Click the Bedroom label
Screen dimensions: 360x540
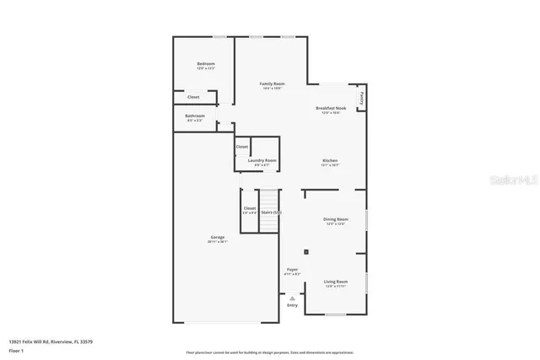pos(206,64)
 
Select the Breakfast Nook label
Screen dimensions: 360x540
pos(332,108)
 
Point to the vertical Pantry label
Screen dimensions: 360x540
pos(361,97)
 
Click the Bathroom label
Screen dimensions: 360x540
pos(195,116)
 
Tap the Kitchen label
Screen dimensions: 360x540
pos(330,160)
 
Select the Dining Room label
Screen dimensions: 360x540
pos(335,220)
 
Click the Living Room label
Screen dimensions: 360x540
pos(335,282)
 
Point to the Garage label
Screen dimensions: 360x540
pos(218,238)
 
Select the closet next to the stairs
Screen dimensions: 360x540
pos(250,208)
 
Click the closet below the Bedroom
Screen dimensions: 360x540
pos(193,97)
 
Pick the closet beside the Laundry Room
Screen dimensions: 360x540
pos(242,147)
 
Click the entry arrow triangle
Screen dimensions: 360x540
pos(293,298)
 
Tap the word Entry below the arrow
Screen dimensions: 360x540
pos(293,306)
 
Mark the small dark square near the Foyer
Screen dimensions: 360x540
pos(306,251)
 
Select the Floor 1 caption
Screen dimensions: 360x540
pos(18,349)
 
